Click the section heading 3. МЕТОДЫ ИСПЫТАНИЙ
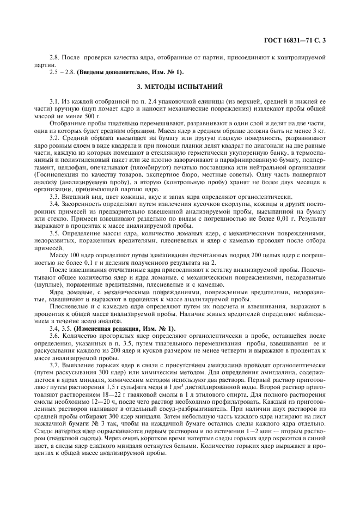[x=180, y=87]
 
